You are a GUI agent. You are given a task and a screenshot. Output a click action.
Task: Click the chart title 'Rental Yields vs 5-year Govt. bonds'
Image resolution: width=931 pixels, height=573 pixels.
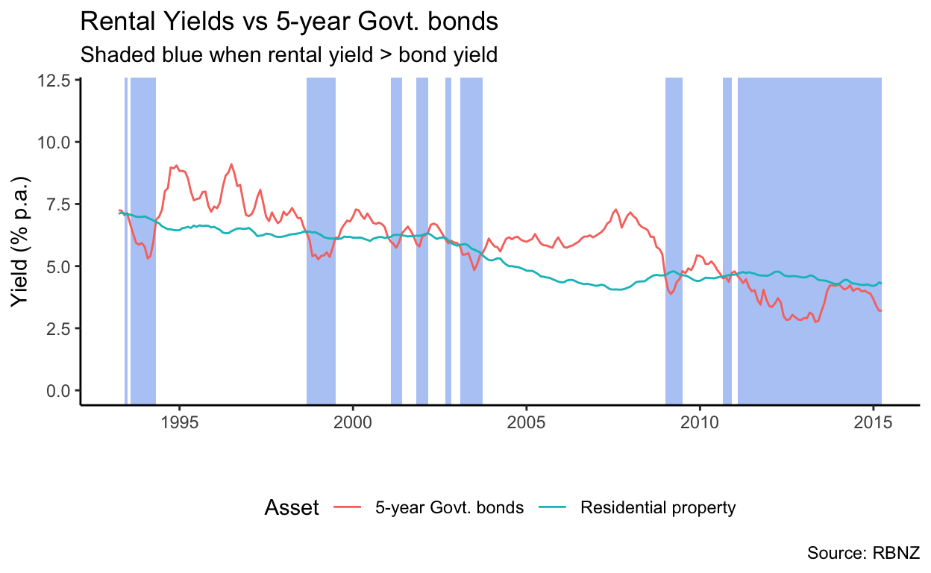pos(288,22)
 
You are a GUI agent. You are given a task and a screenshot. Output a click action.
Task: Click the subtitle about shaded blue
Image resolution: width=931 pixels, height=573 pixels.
pos(288,55)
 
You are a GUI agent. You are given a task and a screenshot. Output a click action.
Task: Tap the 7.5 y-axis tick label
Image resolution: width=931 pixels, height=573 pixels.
pos(59,204)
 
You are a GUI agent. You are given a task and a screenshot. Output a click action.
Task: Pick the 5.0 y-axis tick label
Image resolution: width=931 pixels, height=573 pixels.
pos(59,266)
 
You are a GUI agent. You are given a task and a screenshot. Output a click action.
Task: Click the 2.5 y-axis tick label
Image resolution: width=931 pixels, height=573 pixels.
pos(59,328)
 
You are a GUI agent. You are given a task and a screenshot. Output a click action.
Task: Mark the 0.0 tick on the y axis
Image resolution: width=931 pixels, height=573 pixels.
pos(59,390)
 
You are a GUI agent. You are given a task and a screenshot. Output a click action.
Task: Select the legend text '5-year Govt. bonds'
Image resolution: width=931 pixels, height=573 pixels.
pos(449,508)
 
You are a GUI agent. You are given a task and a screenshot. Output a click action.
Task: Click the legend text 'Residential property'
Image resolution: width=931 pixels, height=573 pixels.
pos(658,508)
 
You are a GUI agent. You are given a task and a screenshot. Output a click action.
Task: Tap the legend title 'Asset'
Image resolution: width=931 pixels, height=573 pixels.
pos(292,508)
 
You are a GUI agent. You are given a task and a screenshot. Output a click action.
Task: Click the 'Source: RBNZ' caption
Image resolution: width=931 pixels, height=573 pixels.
pos(863,554)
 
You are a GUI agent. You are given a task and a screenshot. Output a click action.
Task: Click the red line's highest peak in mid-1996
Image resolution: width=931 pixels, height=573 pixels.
pos(231,164)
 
